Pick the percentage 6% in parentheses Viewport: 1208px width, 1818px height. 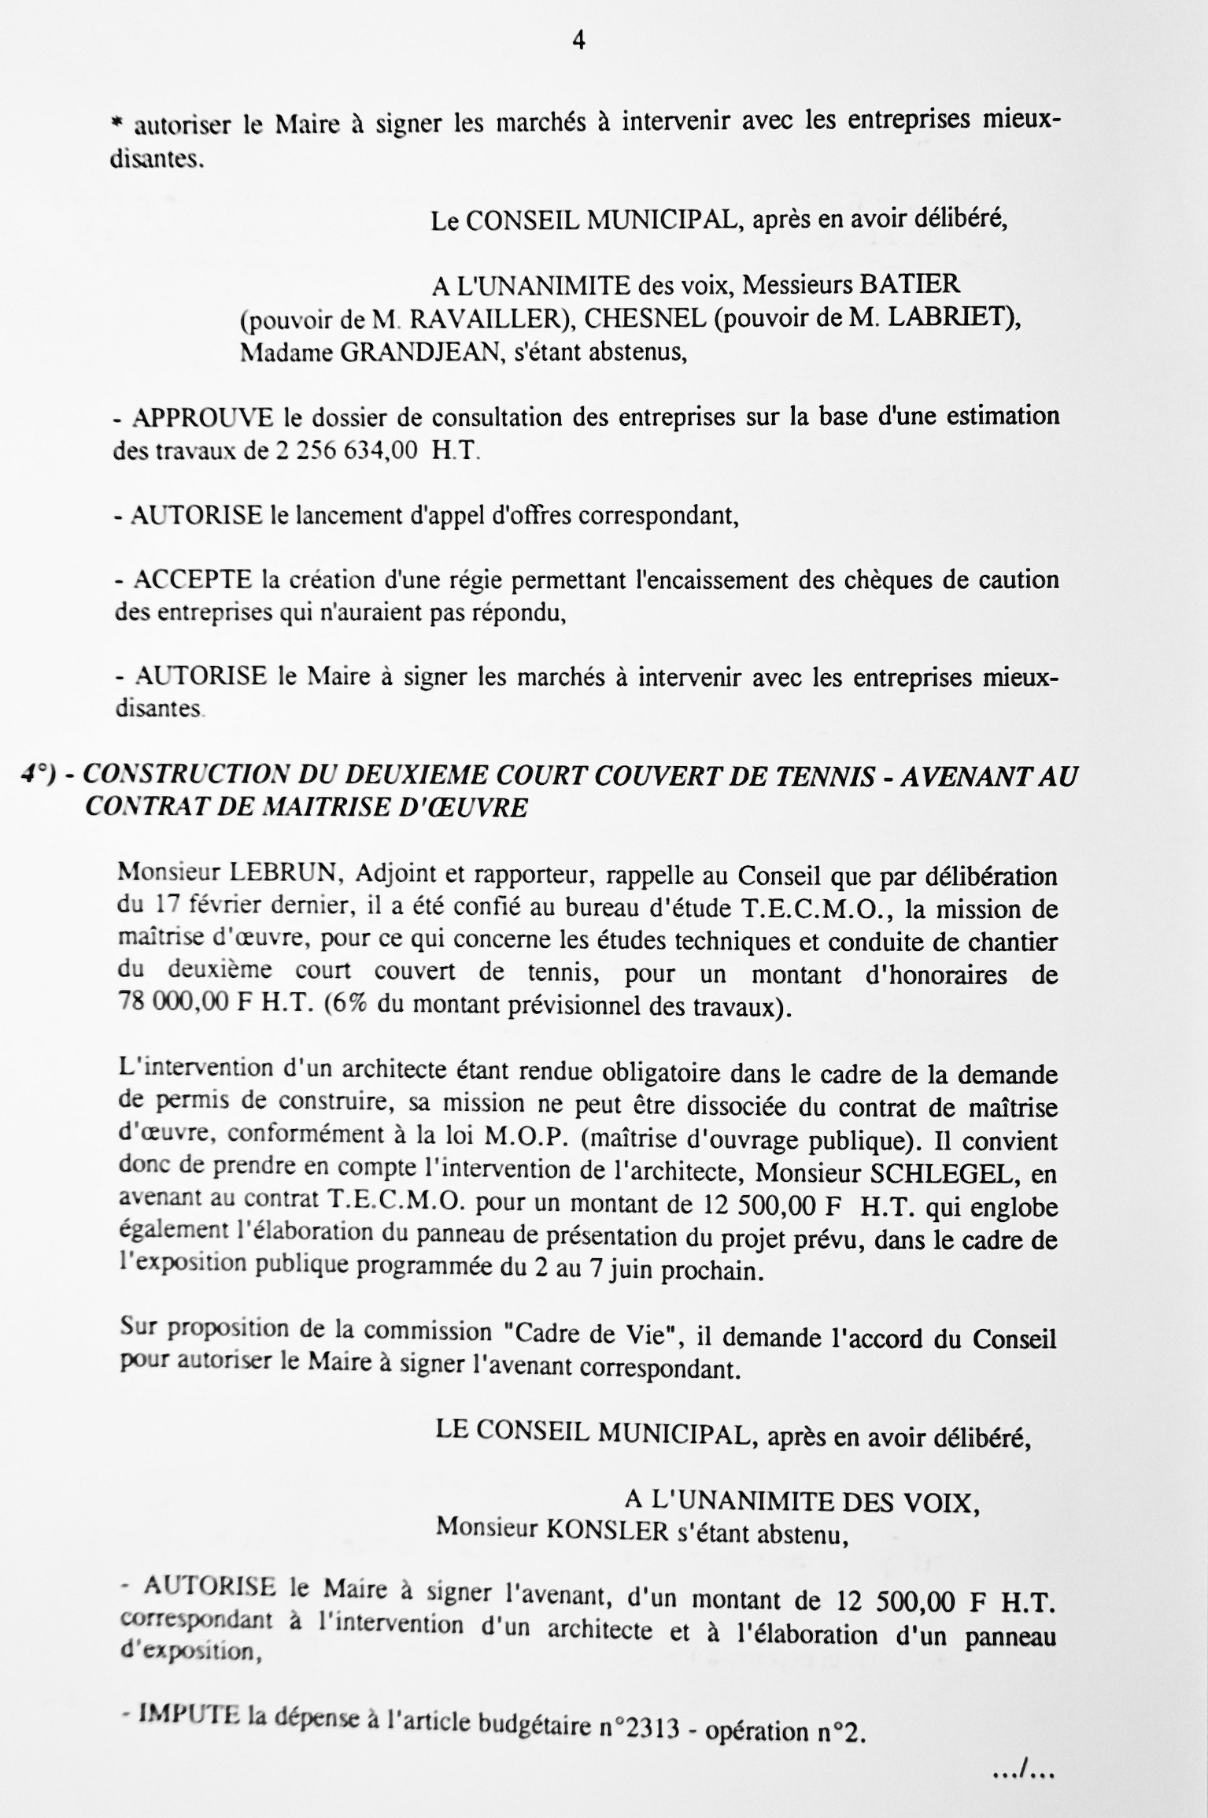click(370, 1009)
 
